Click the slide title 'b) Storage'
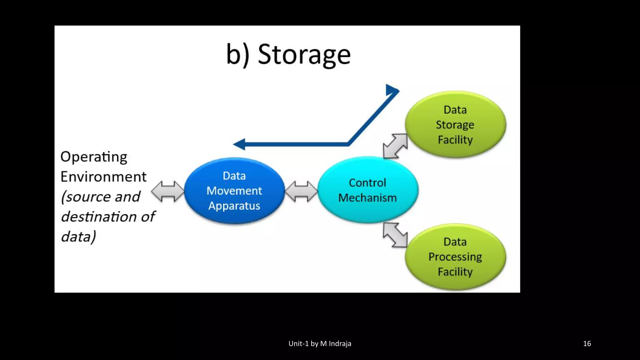(x=288, y=54)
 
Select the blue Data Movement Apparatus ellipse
(x=234, y=191)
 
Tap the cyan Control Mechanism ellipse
(x=367, y=190)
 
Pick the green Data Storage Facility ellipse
(x=455, y=124)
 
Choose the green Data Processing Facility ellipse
(x=455, y=257)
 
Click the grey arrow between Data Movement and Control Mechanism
(x=301, y=191)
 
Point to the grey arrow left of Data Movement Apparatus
(x=168, y=191)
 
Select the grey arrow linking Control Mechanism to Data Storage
(x=395, y=146)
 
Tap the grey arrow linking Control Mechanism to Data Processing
(x=395, y=235)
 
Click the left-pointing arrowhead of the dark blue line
(x=240, y=144)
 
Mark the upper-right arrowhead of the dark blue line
(x=392, y=90)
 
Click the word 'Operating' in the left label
(x=94, y=157)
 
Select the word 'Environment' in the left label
(x=103, y=177)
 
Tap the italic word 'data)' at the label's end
(x=78, y=237)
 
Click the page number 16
(x=587, y=343)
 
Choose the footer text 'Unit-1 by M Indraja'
(x=320, y=343)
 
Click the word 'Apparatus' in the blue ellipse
(x=234, y=206)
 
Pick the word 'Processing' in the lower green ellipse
(x=455, y=257)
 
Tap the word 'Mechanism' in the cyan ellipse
(x=367, y=198)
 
